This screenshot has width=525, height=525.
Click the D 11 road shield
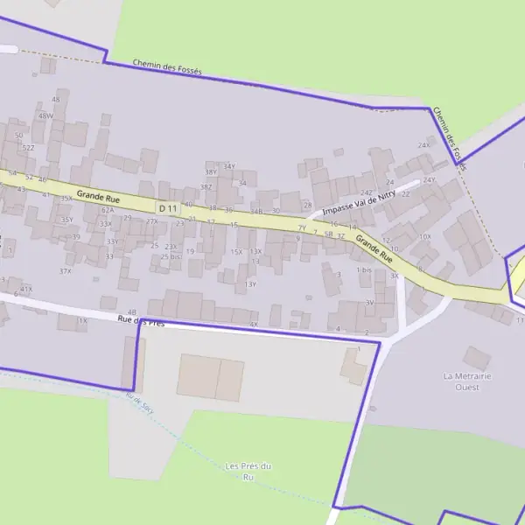pyautogui.click(x=168, y=208)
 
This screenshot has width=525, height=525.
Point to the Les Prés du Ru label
pyautogui.click(x=248, y=471)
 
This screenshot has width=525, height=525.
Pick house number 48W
pyautogui.click(x=45, y=115)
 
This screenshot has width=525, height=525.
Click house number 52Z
pyautogui.click(x=29, y=148)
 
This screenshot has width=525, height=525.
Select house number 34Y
pyautogui.click(x=229, y=166)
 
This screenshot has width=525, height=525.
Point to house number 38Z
pyautogui.click(x=206, y=187)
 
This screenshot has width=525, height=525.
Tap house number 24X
pyautogui.click(x=424, y=145)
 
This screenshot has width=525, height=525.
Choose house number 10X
pyautogui.click(x=425, y=236)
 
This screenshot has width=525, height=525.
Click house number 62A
pyautogui.click(x=108, y=210)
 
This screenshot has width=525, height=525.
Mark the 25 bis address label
pyautogui.click(x=171, y=256)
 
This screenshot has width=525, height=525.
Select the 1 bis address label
pyautogui.click(x=364, y=269)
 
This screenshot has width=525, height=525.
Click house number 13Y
pyautogui.click(x=250, y=283)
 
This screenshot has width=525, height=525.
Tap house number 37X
pyautogui.click(x=65, y=271)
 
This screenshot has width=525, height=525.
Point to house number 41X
pyautogui.click(x=26, y=289)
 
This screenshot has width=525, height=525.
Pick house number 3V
pyautogui.click(x=369, y=302)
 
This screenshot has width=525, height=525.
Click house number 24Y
pyautogui.click(x=429, y=180)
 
